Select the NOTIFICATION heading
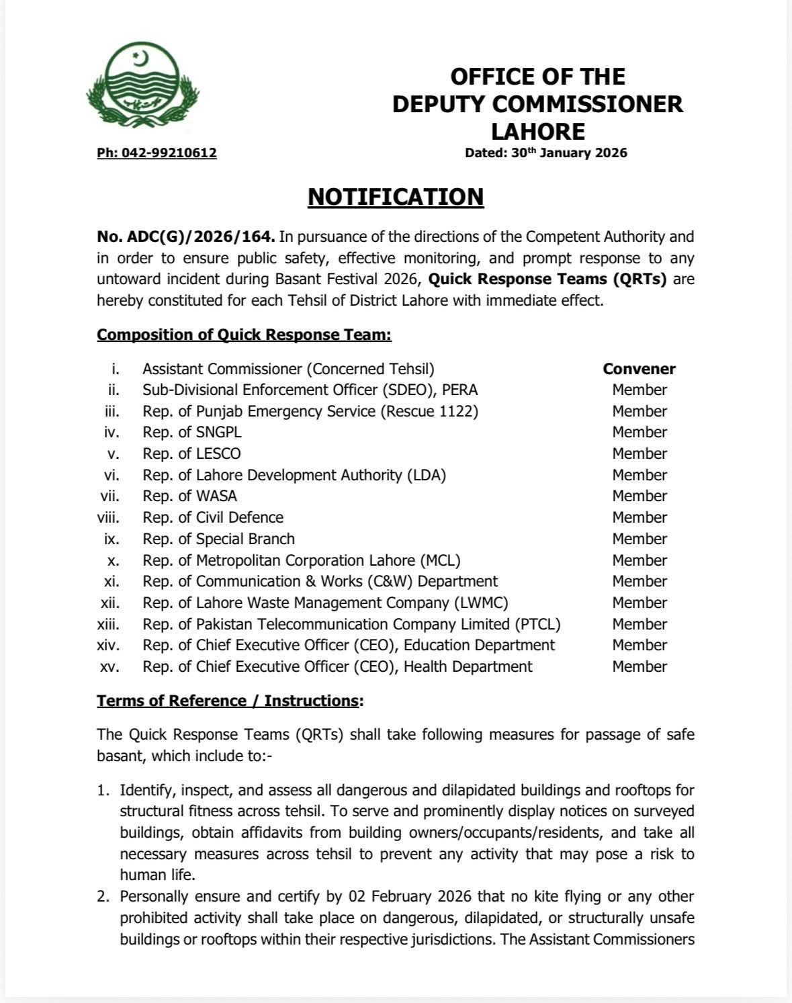(396, 197)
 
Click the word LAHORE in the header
(537, 131)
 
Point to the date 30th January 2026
(569, 153)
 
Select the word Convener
(639, 369)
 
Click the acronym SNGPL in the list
(218, 432)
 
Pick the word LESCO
(218, 453)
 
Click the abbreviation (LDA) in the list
(426, 475)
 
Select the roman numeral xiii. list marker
(108, 624)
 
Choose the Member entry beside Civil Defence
(640, 517)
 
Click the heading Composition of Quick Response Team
(244, 335)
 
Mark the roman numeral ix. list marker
(112, 539)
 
